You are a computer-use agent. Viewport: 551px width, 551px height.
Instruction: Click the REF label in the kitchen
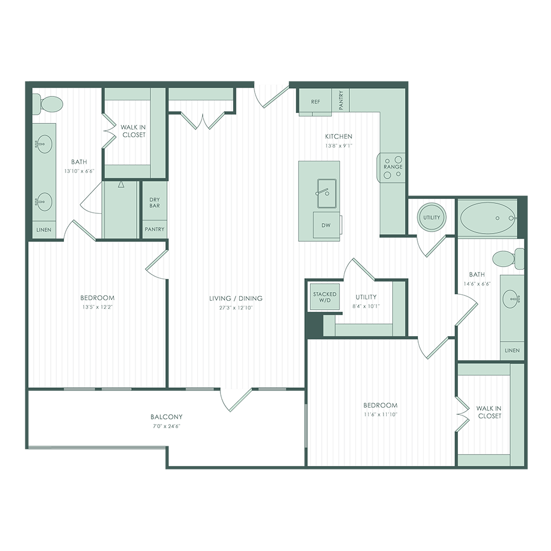(315, 102)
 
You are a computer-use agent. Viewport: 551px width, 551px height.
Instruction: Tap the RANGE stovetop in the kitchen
(393, 166)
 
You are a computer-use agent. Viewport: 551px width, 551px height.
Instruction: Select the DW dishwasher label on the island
(327, 225)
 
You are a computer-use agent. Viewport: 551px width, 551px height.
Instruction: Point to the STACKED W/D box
(325, 298)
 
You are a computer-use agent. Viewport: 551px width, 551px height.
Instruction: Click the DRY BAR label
(154, 203)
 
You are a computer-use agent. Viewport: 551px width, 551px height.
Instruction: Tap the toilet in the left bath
(47, 103)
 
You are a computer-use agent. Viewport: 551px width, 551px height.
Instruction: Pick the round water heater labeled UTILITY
(431, 218)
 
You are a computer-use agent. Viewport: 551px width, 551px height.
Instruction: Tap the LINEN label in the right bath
(512, 350)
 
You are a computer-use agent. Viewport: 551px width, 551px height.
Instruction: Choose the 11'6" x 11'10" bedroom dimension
(380, 414)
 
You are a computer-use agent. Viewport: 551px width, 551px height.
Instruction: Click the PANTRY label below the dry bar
(154, 229)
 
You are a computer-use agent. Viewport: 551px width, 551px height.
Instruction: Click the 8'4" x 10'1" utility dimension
(366, 306)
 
